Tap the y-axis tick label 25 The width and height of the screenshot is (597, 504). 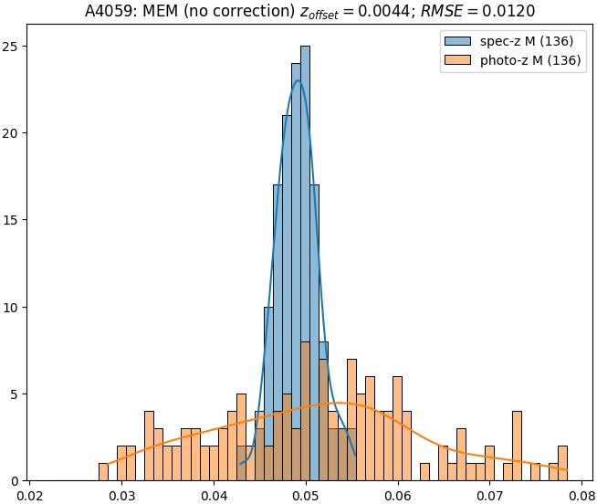pyautogui.click(x=13, y=47)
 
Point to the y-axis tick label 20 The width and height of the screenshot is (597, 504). pyautogui.click(x=13, y=133)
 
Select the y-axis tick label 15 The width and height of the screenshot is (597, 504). pyautogui.click(x=13, y=220)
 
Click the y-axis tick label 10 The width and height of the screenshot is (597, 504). pyautogui.click(x=13, y=307)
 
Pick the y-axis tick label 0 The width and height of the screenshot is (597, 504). pyautogui.click(x=16, y=481)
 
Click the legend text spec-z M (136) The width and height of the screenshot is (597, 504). pyautogui.click(x=527, y=42)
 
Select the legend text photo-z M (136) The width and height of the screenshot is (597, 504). pyautogui.click(x=531, y=61)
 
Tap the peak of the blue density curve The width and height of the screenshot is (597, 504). pyautogui.click(x=298, y=80)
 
